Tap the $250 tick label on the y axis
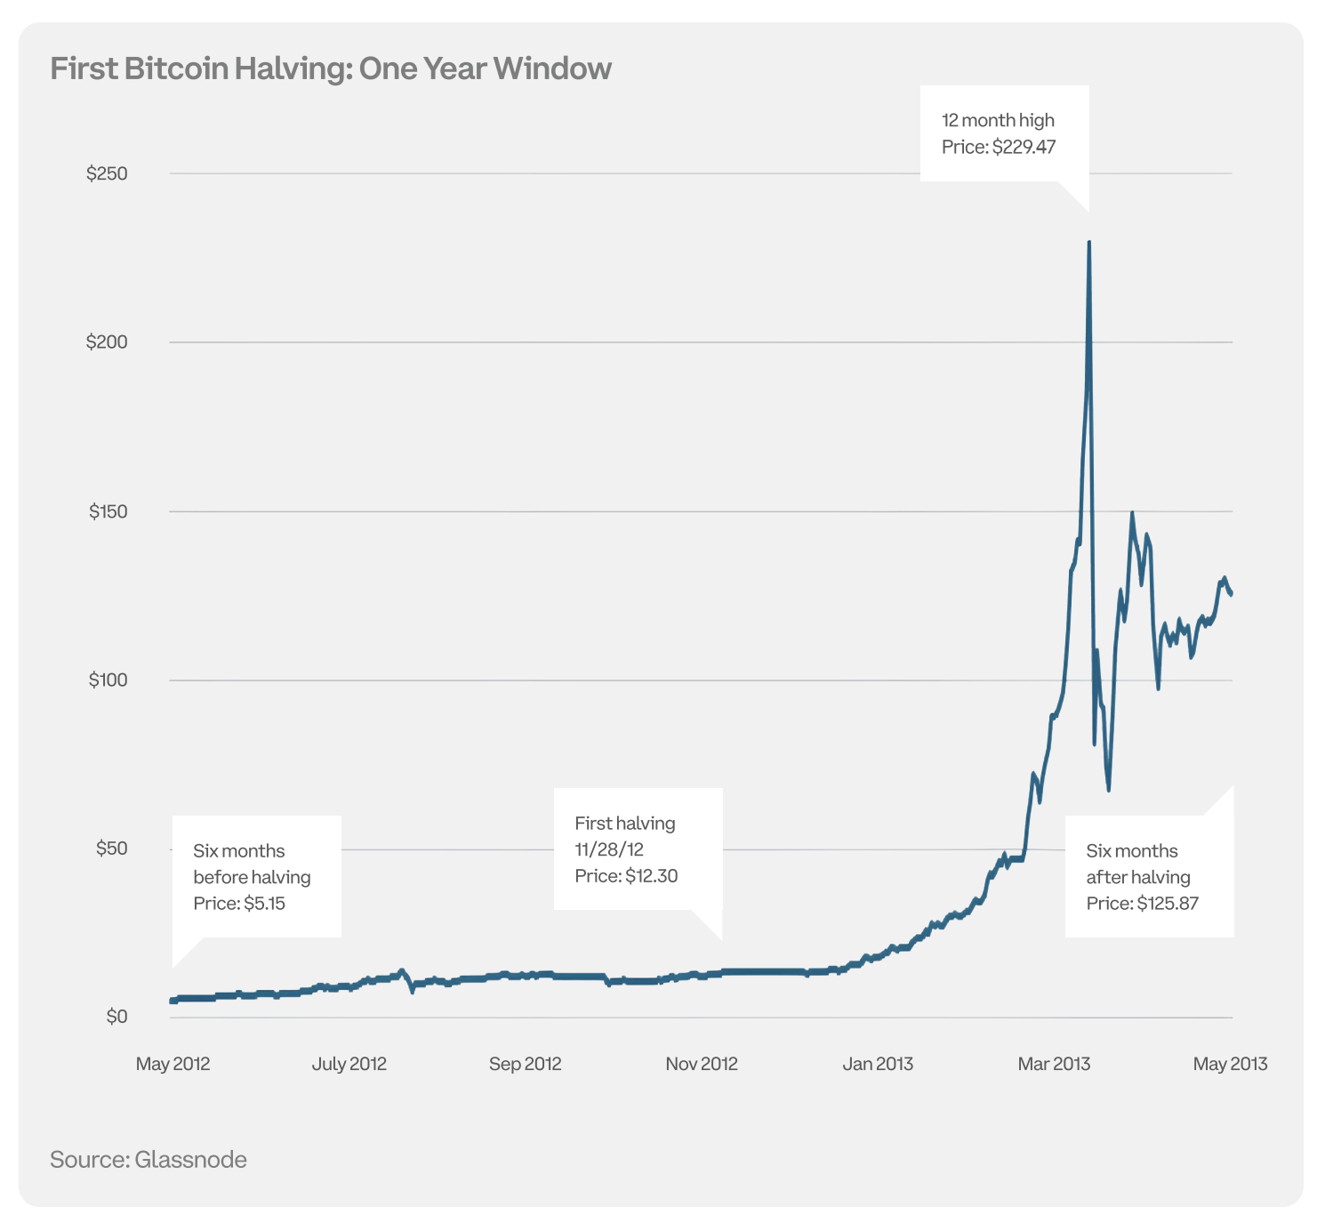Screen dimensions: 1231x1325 pyautogui.click(x=107, y=173)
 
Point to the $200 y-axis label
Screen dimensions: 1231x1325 pyautogui.click(x=107, y=342)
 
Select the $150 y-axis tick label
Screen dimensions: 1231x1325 pyautogui.click(x=108, y=511)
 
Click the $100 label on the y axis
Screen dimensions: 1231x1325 pyautogui.click(x=108, y=680)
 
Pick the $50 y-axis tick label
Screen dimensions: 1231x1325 pyautogui.click(x=111, y=849)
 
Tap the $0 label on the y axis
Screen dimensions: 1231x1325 pyautogui.click(x=116, y=1017)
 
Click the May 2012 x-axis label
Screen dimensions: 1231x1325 pyautogui.click(x=173, y=1064)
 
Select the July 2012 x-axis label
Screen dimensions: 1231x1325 pyautogui.click(x=349, y=1064)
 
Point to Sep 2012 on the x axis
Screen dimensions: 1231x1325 pyautogui.click(x=525, y=1064)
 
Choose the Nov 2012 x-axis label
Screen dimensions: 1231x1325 pyautogui.click(x=702, y=1064)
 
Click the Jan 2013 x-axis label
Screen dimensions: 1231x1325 pyautogui.click(x=878, y=1064)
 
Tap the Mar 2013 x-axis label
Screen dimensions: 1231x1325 pyautogui.click(x=1054, y=1064)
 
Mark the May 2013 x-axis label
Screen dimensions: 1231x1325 pyautogui.click(x=1230, y=1064)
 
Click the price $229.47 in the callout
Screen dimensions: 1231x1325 pyautogui.click(x=1024, y=147)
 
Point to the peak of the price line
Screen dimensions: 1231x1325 pyautogui.click(x=1089, y=242)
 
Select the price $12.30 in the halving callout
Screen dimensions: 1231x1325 pyautogui.click(x=651, y=876)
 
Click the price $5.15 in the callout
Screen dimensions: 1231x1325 pyautogui.click(x=264, y=904)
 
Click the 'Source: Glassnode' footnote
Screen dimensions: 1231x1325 pyautogui.click(x=149, y=1160)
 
